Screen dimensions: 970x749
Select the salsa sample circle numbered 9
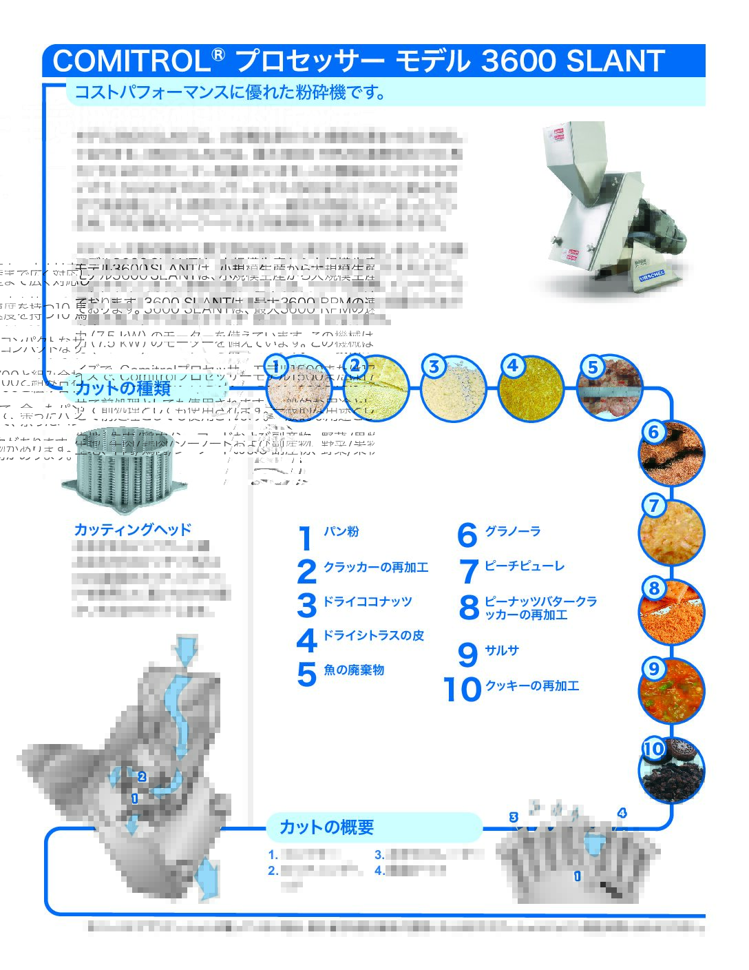click(x=671, y=690)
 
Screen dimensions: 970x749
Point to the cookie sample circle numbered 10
click(x=671, y=769)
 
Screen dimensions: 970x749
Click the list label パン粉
click(x=341, y=532)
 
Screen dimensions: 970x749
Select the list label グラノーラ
click(x=513, y=531)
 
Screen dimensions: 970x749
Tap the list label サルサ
click(x=502, y=650)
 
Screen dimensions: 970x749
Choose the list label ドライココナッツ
click(x=368, y=601)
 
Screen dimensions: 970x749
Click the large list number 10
click(x=462, y=690)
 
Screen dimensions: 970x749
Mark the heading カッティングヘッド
click(x=132, y=530)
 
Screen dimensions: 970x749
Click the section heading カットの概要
click(x=326, y=827)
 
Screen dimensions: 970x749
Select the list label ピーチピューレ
click(x=525, y=566)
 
